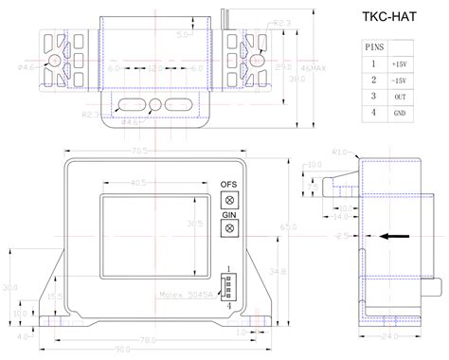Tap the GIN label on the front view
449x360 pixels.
pyautogui.click(x=228, y=215)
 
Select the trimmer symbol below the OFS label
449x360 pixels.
pyautogui.click(x=228, y=199)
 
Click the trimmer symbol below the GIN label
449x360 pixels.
pyautogui.click(x=228, y=229)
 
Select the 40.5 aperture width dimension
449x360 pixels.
pyautogui.click(x=139, y=183)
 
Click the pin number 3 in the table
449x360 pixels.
pyautogui.click(x=375, y=96)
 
